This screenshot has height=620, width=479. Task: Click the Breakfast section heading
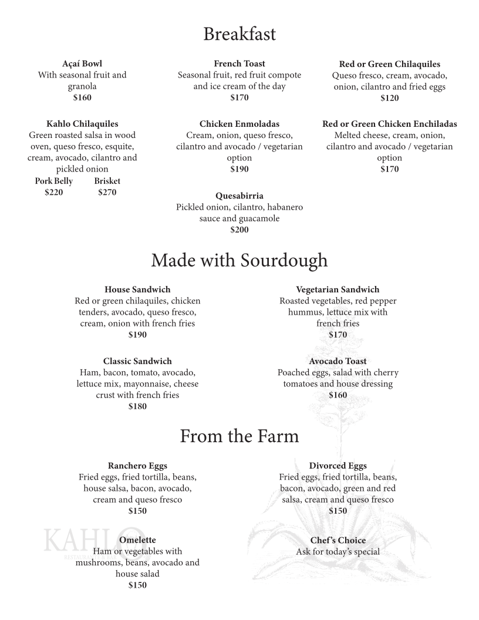pyautogui.click(x=239, y=34)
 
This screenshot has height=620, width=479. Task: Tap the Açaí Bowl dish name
pyautogui.click(x=82, y=63)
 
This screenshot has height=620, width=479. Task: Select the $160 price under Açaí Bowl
pyautogui.click(x=82, y=98)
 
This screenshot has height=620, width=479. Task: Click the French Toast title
pyautogui.click(x=239, y=63)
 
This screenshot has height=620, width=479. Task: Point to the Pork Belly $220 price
pyautogui.click(x=53, y=192)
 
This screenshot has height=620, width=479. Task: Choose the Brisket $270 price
pyautogui.click(x=107, y=192)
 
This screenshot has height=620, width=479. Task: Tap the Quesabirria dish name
pyautogui.click(x=239, y=196)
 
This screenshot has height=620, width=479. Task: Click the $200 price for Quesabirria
pyautogui.click(x=239, y=230)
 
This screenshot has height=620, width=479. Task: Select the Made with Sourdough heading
pyautogui.click(x=239, y=260)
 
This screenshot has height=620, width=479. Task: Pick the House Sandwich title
pyautogui.click(x=137, y=289)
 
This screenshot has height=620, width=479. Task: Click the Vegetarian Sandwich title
pyautogui.click(x=338, y=289)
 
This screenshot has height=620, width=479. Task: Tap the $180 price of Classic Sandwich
pyautogui.click(x=137, y=406)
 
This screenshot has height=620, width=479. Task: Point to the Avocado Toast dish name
pyautogui.click(x=338, y=361)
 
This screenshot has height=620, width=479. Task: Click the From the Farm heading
pyautogui.click(x=239, y=436)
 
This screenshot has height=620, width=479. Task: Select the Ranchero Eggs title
pyautogui.click(x=137, y=466)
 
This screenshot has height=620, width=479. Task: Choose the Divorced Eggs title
pyautogui.click(x=338, y=466)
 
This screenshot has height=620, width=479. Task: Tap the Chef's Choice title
pyautogui.click(x=338, y=540)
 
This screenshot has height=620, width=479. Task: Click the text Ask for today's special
pyautogui.click(x=338, y=551)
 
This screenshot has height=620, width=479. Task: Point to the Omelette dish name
pyautogui.click(x=137, y=540)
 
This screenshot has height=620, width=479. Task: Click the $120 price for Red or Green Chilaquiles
pyautogui.click(x=389, y=98)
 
